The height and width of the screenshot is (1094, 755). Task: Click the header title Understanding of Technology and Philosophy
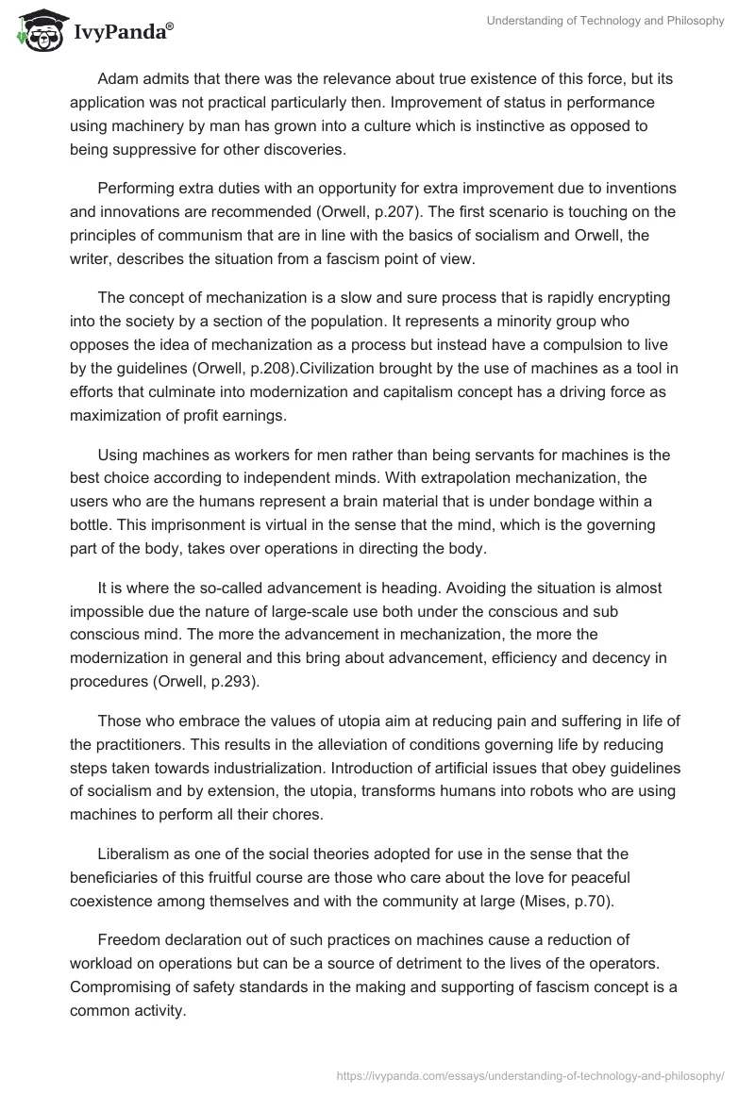coord(605,22)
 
